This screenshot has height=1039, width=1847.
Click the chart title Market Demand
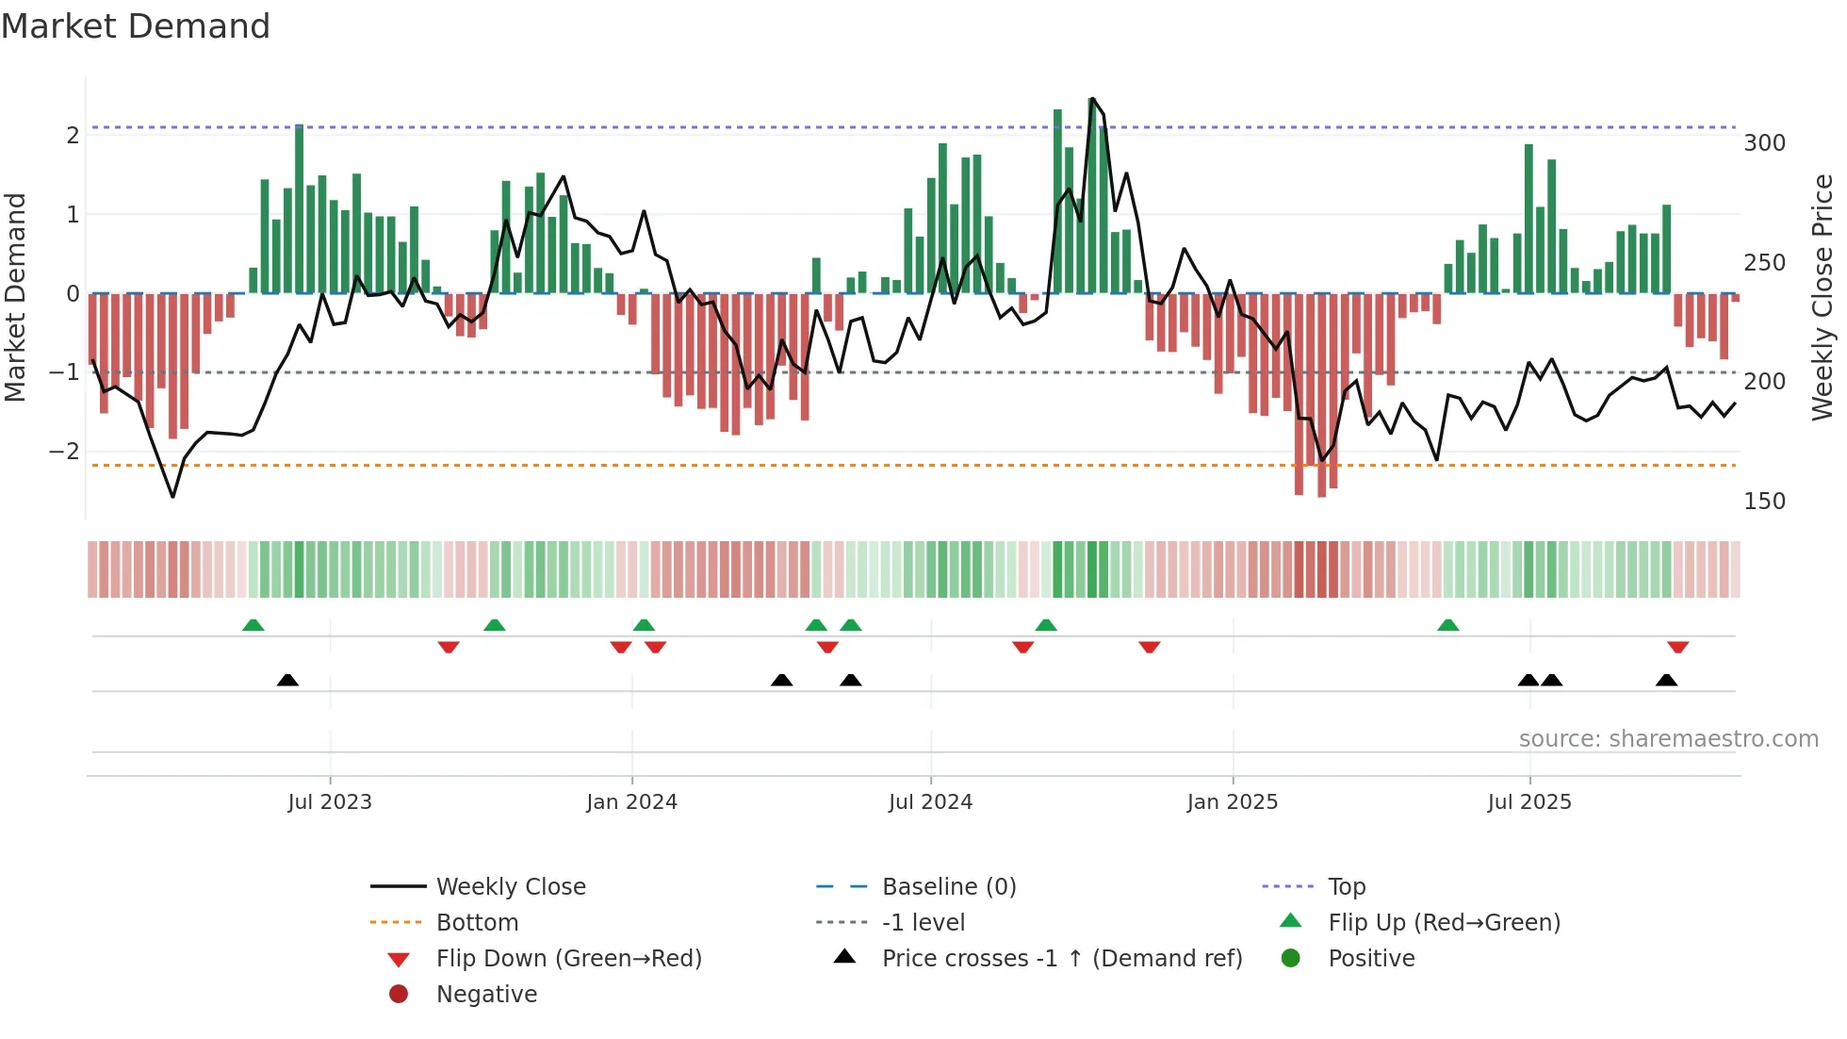pos(136,26)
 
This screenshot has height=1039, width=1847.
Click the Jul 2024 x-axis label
pos(930,802)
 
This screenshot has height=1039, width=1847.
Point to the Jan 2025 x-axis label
pos(1232,802)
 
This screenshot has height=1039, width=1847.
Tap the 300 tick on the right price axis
pos(1764,143)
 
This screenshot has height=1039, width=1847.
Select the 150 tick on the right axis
pos(1764,502)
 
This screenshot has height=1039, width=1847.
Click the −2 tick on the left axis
pos(64,452)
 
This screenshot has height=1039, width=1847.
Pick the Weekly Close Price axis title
pos(1822,297)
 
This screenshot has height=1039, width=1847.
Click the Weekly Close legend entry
pos(510,887)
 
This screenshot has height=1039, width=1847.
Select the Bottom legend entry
pos(477,923)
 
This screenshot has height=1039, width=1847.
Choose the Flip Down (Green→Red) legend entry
pos(568,959)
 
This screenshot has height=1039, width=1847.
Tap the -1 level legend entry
pos(923,923)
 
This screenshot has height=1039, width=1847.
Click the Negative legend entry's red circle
pos(399,995)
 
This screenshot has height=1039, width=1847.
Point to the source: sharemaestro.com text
pos(1668,739)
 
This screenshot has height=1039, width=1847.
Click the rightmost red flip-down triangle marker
pos(1677,647)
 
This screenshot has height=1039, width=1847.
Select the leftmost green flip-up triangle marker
pos(253,625)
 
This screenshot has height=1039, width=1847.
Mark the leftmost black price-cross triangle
pos(287,680)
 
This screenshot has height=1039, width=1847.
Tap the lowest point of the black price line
pos(172,496)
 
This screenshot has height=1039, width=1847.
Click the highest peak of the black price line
pos(1091,98)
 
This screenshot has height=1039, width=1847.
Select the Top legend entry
pos(1346,887)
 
